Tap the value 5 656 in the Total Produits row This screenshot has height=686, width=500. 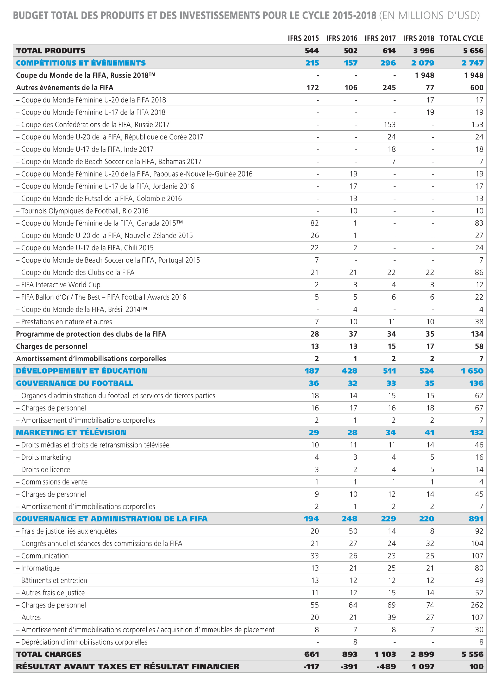click(473, 51)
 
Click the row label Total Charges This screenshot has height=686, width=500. click(49, 654)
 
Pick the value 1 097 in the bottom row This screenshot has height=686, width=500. click(423, 667)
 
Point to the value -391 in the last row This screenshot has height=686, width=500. click(349, 667)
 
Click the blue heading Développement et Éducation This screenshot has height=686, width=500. click(82, 371)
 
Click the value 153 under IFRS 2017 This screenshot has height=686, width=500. click(390, 125)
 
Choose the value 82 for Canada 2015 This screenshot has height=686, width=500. click(315, 223)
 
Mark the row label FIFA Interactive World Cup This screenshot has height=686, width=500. click(60, 285)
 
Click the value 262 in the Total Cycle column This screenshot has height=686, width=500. click(477, 605)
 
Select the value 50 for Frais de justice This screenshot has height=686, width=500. click(353, 531)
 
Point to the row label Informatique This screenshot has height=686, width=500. click(40, 568)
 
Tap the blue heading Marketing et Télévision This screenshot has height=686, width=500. click(71, 433)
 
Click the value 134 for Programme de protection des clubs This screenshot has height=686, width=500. click(477, 334)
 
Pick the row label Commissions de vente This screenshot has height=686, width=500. click(54, 482)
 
